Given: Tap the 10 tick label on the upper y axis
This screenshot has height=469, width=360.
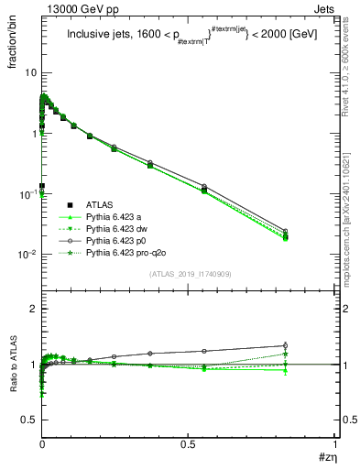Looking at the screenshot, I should click(x=29, y=72).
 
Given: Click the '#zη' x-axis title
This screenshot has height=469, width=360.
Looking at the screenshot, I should click(x=325, y=456).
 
